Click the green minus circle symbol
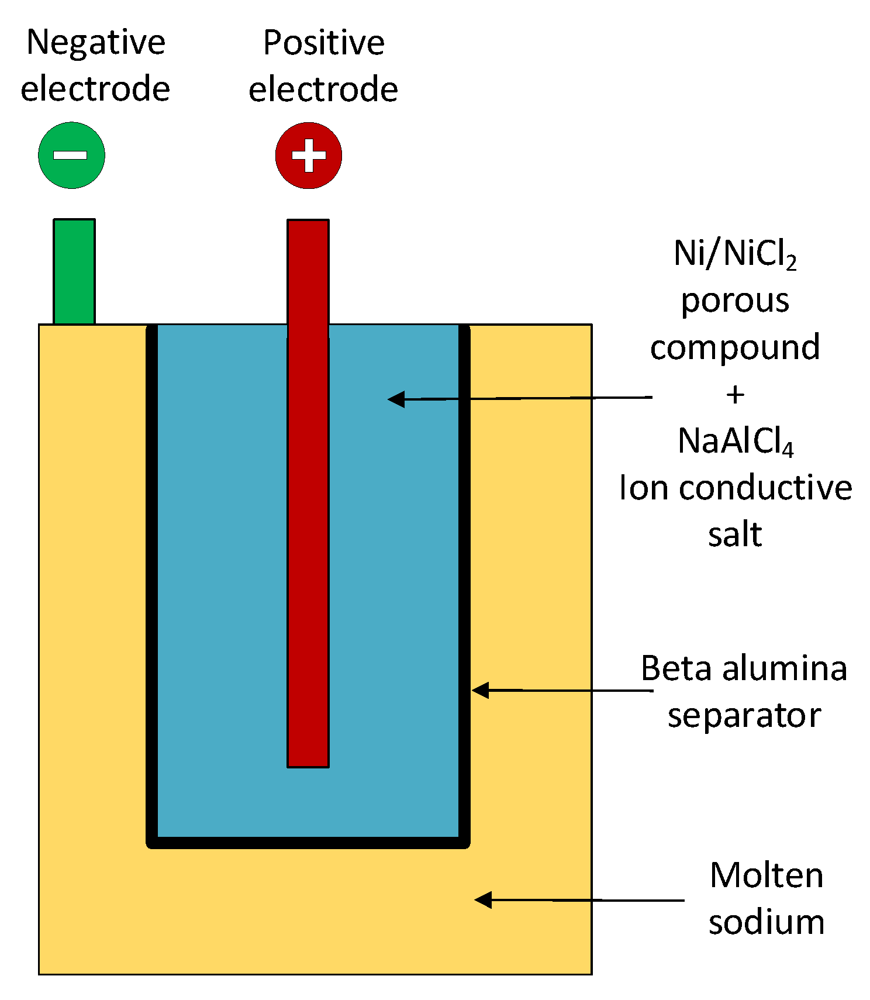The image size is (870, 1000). click(x=71, y=155)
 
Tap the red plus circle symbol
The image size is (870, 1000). click(x=309, y=155)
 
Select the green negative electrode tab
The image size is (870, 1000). click(x=74, y=271)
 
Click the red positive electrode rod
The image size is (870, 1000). click(x=308, y=493)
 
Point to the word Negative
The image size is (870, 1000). click(x=96, y=43)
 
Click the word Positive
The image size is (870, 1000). click(x=324, y=43)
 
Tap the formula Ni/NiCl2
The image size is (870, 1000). click(x=735, y=255)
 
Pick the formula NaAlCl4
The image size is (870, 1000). click(x=736, y=442)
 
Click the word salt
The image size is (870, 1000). click(x=735, y=534)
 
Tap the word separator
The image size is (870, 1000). click(x=744, y=716)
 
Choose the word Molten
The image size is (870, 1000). click(x=767, y=875)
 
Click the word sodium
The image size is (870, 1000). click(x=767, y=922)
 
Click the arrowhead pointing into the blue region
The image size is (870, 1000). click(x=396, y=399)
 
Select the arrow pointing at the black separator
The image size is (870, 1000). click(x=562, y=691)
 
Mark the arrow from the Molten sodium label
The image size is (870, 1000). click(x=579, y=900)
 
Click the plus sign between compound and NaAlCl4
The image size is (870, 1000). click(x=735, y=395)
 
